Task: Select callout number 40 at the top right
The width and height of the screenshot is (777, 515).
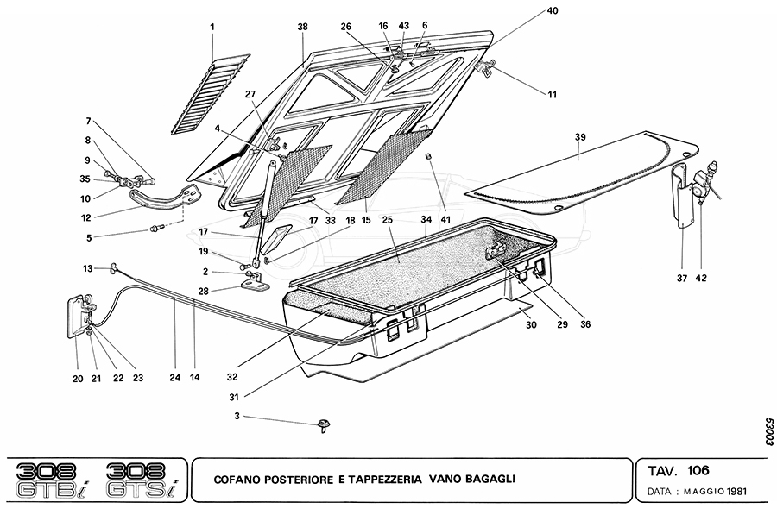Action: (552, 11)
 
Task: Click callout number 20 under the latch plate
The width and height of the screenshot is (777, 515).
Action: (77, 377)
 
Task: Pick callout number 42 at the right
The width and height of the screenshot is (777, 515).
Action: (701, 278)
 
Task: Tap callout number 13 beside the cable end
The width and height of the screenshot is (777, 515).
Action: (87, 267)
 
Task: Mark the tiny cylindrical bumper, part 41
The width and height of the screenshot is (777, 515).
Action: (428, 154)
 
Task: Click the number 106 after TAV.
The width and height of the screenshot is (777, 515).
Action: (700, 470)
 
